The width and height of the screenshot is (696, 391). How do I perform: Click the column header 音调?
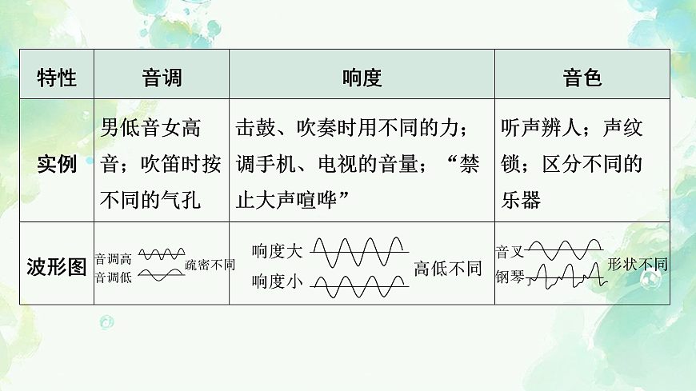click(x=162, y=78)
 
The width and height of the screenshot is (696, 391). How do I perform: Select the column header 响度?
click(x=362, y=78)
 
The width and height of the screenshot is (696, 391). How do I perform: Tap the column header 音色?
click(x=582, y=78)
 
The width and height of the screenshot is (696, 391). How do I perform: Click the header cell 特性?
click(x=58, y=78)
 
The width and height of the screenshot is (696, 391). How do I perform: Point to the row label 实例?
click(x=58, y=164)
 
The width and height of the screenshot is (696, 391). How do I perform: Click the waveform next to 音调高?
click(x=161, y=254)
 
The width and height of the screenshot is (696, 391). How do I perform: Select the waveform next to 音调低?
click(x=161, y=275)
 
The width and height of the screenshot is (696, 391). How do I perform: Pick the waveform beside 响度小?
click(x=359, y=285)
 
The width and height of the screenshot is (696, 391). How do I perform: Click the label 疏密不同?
click(x=210, y=265)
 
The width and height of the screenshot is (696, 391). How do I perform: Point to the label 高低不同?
click(x=448, y=269)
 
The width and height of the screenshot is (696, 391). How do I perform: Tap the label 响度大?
click(x=278, y=251)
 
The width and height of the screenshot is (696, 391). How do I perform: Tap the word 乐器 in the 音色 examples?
click(x=521, y=199)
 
